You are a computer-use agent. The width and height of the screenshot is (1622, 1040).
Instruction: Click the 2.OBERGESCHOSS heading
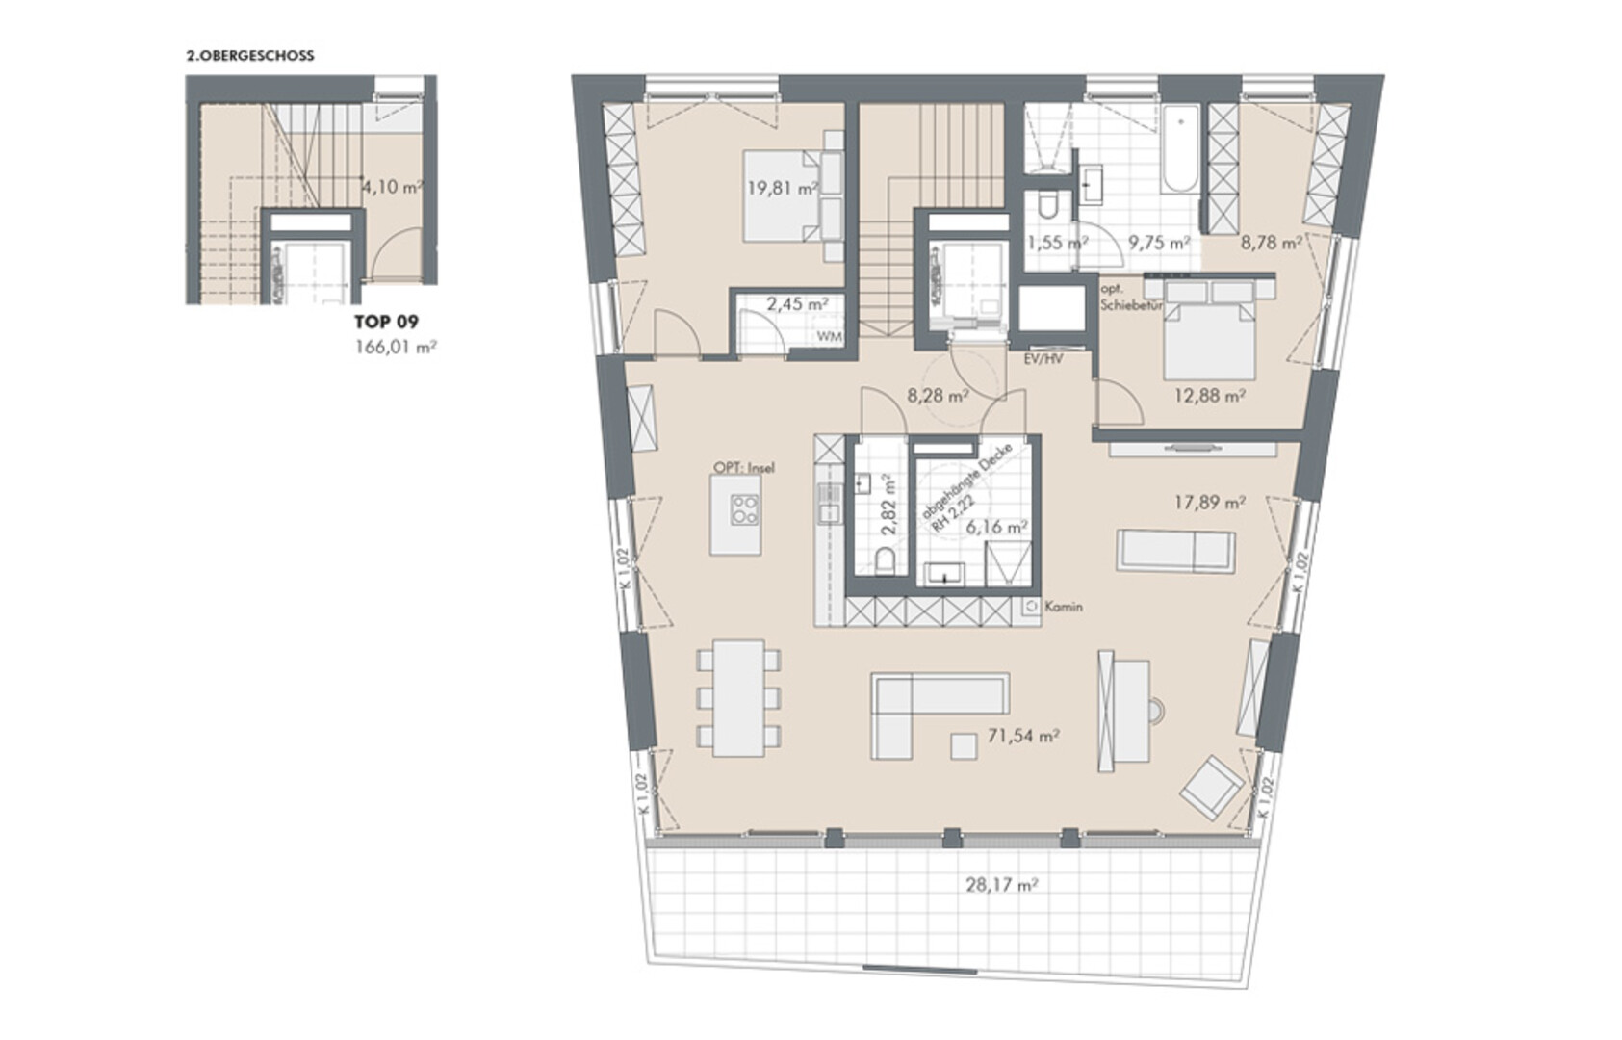[250, 56]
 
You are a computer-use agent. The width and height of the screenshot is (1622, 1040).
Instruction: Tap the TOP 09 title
[386, 321]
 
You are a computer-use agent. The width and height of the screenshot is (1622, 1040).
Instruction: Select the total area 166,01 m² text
[396, 347]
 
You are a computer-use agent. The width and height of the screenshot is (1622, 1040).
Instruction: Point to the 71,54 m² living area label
[1024, 737]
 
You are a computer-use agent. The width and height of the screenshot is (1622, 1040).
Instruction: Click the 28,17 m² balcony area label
[1002, 884]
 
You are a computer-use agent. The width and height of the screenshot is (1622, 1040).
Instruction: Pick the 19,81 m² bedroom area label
[783, 189]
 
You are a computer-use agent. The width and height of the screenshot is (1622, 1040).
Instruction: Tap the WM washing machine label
[829, 337]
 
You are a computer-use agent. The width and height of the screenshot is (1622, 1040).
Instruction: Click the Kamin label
[1063, 607]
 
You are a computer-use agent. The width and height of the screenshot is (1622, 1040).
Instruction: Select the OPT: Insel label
[744, 468]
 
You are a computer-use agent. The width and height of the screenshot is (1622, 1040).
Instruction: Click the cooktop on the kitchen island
[744, 508]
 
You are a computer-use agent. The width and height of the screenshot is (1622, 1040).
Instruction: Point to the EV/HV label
[1043, 358]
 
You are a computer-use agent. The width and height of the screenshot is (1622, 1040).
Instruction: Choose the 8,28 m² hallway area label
[939, 396]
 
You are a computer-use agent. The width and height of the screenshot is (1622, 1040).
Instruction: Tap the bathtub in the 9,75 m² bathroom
[1180, 149]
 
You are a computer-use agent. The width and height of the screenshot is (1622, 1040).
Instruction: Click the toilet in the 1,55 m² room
[1047, 205]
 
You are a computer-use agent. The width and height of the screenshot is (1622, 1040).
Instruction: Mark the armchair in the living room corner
[1211, 788]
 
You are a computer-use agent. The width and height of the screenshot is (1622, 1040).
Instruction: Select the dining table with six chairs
[738, 698]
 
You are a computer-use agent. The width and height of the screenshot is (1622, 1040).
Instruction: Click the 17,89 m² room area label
[1210, 501]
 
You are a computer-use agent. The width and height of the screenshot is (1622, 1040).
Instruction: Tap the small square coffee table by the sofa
[963, 746]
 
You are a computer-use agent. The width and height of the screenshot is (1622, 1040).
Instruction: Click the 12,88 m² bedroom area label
[1209, 396]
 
